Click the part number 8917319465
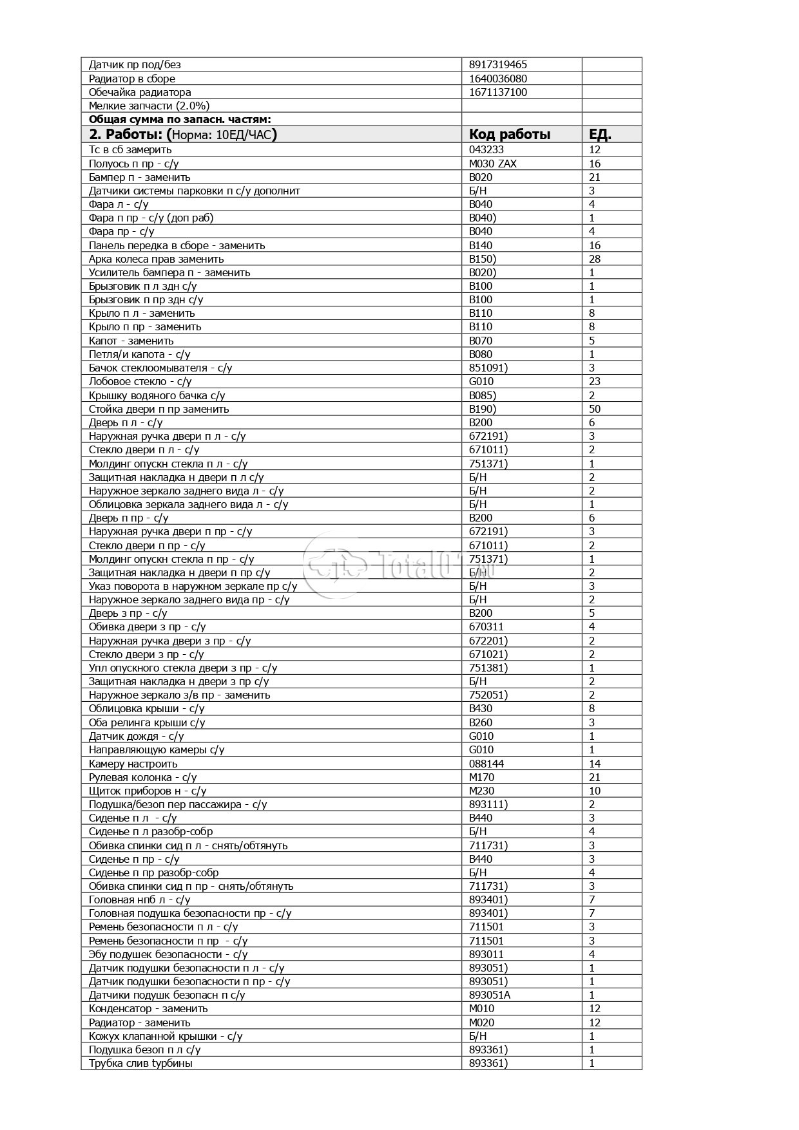[498, 64]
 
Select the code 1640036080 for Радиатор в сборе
[498, 79]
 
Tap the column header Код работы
[510, 135]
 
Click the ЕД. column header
[600, 135]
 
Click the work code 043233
[486, 150]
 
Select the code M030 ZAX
[493, 164]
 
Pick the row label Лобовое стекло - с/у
[140, 382]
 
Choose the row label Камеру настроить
[133, 764]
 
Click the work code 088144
[486, 764]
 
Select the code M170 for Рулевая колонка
[482, 777]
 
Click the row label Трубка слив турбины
[140, 1063]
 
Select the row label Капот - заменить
[131, 341]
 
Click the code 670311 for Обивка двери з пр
[486, 626]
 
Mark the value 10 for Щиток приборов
[595, 791]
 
